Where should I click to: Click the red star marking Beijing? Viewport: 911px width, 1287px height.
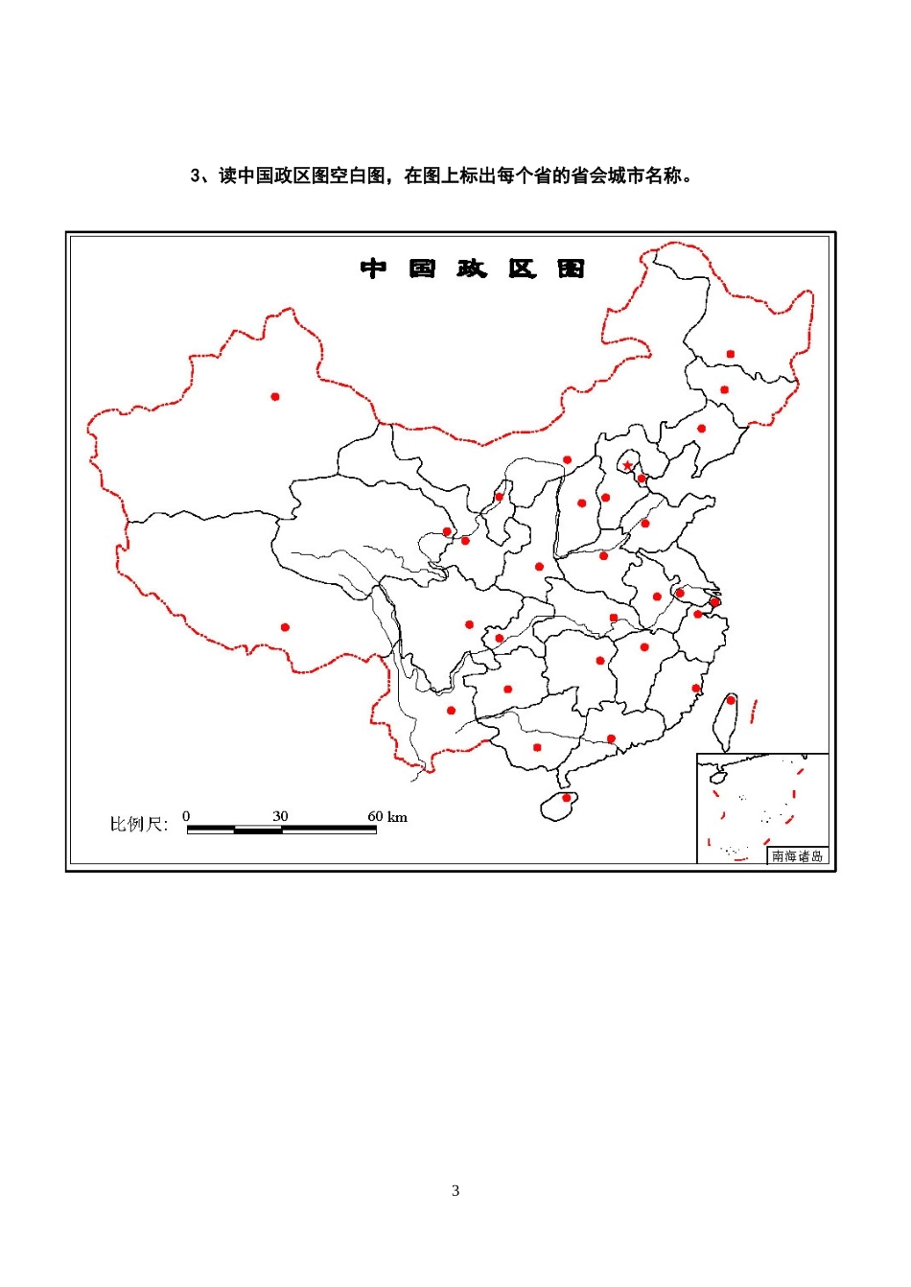[628, 466]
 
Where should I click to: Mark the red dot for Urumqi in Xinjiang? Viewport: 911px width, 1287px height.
[275, 396]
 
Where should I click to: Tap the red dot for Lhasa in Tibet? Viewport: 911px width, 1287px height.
[285, 627]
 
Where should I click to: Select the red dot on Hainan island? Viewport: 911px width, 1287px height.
[566, 798]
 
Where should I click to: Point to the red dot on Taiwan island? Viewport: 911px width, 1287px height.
[731, 700]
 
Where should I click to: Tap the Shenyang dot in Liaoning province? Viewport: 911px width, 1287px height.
[701, 429]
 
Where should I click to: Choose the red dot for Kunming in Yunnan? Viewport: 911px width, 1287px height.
[451, 711]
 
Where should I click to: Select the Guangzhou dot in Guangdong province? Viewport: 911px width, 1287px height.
[611, 738]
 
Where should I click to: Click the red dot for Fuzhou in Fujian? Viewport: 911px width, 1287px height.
[696, 688]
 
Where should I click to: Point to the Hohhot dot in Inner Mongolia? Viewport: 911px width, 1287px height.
[567, 460]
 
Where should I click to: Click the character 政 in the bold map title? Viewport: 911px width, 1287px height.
[472, 269]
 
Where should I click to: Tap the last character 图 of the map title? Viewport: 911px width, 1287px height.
[572, 269]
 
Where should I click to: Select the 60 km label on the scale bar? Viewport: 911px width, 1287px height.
[387, 816]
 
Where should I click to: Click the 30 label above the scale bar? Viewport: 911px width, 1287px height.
[280, 816]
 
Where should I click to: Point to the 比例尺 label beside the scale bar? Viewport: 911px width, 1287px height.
[138, 824]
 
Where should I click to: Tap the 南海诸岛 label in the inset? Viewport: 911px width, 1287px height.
[797, 856]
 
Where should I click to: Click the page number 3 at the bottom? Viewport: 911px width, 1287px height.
[455, 1191]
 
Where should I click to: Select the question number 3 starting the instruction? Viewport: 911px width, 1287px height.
[196, 175]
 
